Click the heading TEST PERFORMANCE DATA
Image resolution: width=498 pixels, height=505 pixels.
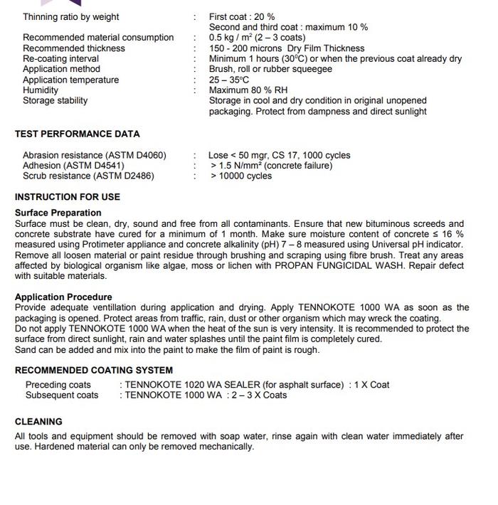click(77, 134)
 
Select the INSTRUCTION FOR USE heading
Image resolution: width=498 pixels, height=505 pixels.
click(68, 197)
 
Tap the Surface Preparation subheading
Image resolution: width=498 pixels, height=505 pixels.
click(58, 213)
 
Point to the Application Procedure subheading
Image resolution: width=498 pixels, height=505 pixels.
click(63, 297)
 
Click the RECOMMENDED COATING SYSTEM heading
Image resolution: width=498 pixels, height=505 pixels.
click(94, 371)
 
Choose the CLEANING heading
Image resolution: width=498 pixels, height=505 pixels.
click(38, 422)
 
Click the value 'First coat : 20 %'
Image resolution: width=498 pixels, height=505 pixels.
click(242, 16)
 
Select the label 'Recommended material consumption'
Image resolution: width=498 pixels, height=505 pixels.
click(98, 38)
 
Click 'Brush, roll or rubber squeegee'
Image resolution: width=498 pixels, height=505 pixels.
click(270, 69)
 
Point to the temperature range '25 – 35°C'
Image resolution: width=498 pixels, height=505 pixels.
click(229, 80)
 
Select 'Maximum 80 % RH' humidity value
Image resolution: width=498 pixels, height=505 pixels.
click(248, 90)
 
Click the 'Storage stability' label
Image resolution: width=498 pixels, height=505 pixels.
click(55, 101)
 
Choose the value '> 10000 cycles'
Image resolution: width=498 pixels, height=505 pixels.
click(241, 176)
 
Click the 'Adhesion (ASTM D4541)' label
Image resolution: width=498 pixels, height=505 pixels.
click(73, 166)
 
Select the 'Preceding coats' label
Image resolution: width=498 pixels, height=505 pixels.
click(58, 385)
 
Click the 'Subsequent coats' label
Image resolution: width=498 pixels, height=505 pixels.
click(62, 395)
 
